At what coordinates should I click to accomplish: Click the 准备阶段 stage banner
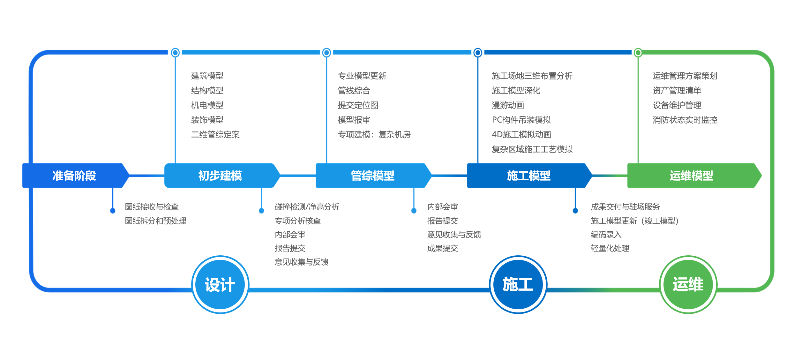tap(74, 176)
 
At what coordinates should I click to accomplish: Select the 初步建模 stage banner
tap(220, 176)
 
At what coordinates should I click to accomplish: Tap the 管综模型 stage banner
tap(372, 176)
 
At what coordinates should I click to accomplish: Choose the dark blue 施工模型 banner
tap(528, 176)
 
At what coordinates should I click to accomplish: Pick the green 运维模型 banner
tap(691, 176)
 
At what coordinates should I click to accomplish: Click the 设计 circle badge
tap(220, 285)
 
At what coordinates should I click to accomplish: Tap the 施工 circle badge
tap(518, 285)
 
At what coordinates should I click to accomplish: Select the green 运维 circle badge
tap(688, 285)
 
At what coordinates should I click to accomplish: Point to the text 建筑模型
tap(207, 76)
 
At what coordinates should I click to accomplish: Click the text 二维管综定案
tap(215, 135)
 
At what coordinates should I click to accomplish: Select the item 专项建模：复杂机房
tap(374, 135)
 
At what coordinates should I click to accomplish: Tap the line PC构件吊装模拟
tap(521, 120)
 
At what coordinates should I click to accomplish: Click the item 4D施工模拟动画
tap(521, 135)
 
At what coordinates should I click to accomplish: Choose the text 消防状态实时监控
tap(685, 120)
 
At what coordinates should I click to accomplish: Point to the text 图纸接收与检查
tap(152, 207)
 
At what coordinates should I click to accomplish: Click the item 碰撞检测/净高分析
tap(307, 207)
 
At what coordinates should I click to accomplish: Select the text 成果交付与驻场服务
tap(625, 207)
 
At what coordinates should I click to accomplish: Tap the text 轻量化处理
tap(610, 248)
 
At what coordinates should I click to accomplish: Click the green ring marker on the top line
tap(638, 52)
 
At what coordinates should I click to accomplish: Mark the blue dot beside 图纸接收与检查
tap(113, 211)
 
